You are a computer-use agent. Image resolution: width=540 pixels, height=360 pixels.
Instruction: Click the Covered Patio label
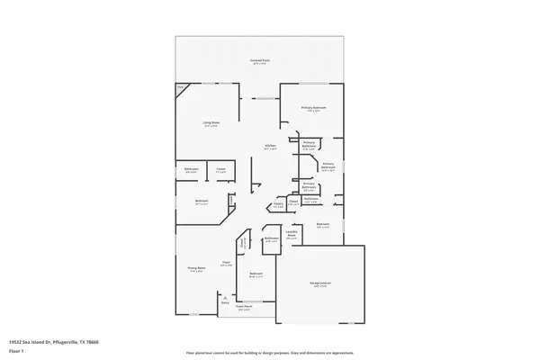click(261, 61)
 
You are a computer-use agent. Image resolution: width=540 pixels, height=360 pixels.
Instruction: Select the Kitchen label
click(269, 147)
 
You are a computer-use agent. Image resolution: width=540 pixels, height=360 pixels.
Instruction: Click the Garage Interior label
click(321, 285)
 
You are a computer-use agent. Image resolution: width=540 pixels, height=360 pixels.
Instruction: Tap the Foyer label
click(228, 264)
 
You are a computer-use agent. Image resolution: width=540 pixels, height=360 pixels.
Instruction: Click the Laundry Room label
click(292, 232)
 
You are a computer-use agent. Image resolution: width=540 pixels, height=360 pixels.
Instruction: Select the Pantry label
click(278, 206)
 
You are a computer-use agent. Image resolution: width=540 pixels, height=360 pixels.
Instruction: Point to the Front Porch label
click(243, 309)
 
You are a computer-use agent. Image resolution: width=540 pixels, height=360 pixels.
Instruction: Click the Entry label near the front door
click(224, 302)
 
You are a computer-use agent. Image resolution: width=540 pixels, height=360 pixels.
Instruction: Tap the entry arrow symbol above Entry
click(224, 295)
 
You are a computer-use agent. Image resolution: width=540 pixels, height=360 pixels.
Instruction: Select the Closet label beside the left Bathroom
click(220, 170)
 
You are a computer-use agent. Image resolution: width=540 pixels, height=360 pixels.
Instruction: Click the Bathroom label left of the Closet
click(192, 170)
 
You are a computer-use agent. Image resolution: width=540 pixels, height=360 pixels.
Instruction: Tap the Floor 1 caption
click(15, 352)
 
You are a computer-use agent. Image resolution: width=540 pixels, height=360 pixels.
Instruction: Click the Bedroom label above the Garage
click(323, 225)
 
